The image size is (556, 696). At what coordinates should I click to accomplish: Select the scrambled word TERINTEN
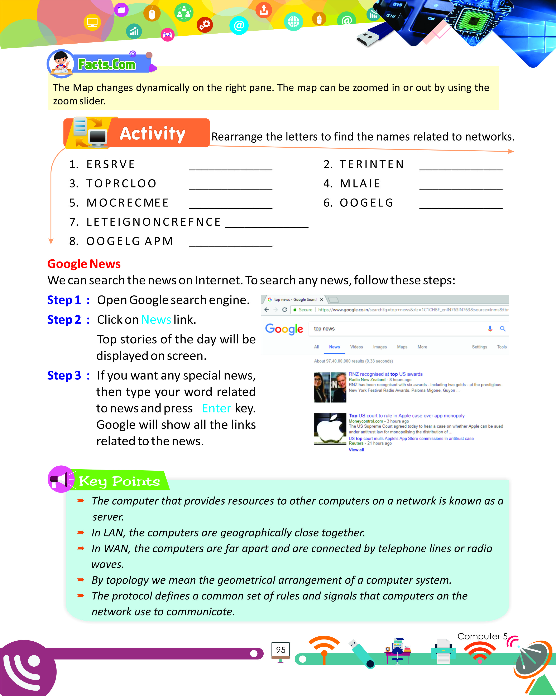[372, 164]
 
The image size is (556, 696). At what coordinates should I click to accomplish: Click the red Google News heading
[84, 264]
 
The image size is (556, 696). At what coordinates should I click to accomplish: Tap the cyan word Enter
[216, 408]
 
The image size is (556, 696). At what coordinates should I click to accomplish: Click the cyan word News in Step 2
[156, 320]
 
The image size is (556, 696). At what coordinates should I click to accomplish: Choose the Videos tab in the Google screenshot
[356, 347]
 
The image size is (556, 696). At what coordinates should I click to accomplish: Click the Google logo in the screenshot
[284, 329]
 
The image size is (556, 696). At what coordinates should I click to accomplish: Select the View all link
[356, 450]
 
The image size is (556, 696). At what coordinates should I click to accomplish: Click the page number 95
[281, 650]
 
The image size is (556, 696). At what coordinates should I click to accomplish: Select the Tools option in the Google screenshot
[501, 347]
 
